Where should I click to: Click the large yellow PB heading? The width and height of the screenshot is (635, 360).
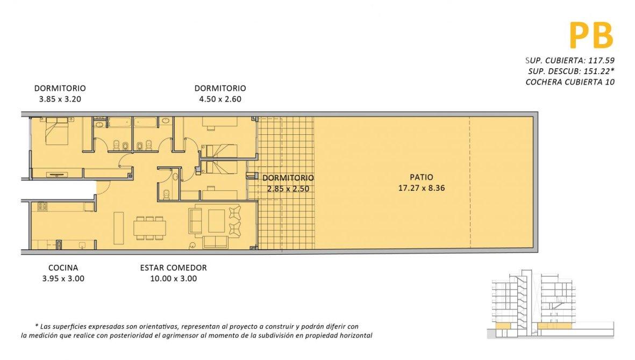coord(591,35)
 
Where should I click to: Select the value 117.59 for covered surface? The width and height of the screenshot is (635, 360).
coord(601,61)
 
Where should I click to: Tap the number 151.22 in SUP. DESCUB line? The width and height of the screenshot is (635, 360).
coord(596,71)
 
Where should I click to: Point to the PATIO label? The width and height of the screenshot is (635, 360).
coord(421,177)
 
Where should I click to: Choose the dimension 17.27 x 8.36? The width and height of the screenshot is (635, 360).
coord(421,188)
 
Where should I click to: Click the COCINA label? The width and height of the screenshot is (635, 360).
coord(63,268)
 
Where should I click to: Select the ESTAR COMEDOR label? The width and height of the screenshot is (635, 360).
coord(173,268)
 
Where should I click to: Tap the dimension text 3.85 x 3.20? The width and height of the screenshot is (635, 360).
coord(60,99)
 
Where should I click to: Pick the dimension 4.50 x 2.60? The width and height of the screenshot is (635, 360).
coord(220,99)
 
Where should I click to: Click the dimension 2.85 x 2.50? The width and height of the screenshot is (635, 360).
coord(288,189)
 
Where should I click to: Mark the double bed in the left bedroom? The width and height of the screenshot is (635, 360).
coord(56,131)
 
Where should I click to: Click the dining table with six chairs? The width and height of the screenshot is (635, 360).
coord(150,228)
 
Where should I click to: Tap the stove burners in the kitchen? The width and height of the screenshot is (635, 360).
coord(42,206)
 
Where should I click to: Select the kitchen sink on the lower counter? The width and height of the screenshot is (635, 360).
coord(82,244)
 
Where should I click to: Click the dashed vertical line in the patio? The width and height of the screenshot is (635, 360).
coord(470,183)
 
